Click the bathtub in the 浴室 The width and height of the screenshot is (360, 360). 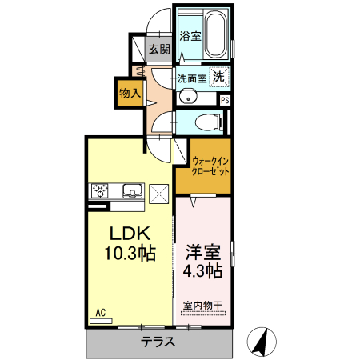pyautogui.click(x=214, y=34)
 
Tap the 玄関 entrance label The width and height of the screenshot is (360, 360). pyautogui.click(x=159, y=50)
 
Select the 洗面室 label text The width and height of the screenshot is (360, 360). pyautogui.click(x=192, y=78)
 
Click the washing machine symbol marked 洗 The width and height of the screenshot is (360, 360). pyautogui.click(x=218, y=77)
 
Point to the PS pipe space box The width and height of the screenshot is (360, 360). pyautogui.click(x=225, y=100)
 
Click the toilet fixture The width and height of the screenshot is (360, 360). pyautogui.click(x=210, y=122)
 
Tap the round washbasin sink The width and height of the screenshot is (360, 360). pyautogui.click(x=188, y=98)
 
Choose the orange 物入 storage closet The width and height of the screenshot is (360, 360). pyautogui.click(x=130, y=93)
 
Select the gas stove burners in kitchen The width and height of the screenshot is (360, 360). pyautogui.click(x=101, y=190)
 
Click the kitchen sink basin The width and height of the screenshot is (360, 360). pyautogui.click(x=131, y=190)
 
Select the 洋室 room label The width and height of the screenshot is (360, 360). pyautogui.click(x=202, y=250)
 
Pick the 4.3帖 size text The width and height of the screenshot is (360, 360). pyautogui.click(x=202, y=270)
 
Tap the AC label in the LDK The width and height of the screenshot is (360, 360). pyautogui.click(x=101, y=311)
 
